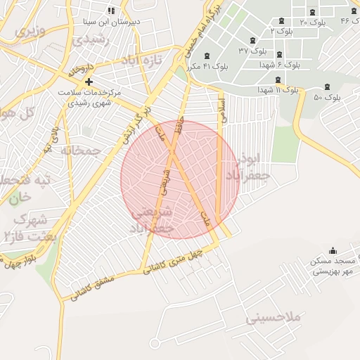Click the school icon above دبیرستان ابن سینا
click(x=110, y=11)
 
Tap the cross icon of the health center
click(x=88, y=82)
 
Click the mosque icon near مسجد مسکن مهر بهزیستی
click(x=333, y=251)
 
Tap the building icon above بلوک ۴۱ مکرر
click(x=206, y=56)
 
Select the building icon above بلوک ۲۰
click(x=313, y=12)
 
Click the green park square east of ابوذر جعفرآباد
click(x=285, y=144)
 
